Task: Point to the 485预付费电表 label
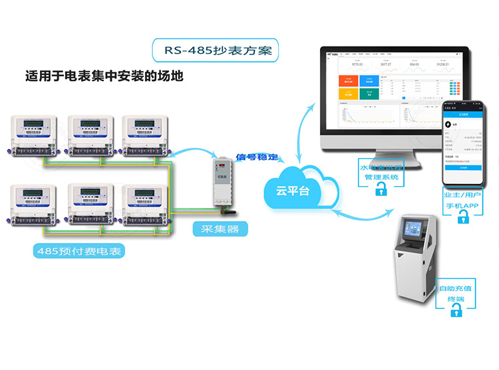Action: pos(79,252)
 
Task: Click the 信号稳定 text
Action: pos(257,157)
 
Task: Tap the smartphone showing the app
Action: pos(463,143)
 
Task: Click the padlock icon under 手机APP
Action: pos(464,221)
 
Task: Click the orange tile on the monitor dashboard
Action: pos(348,81)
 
